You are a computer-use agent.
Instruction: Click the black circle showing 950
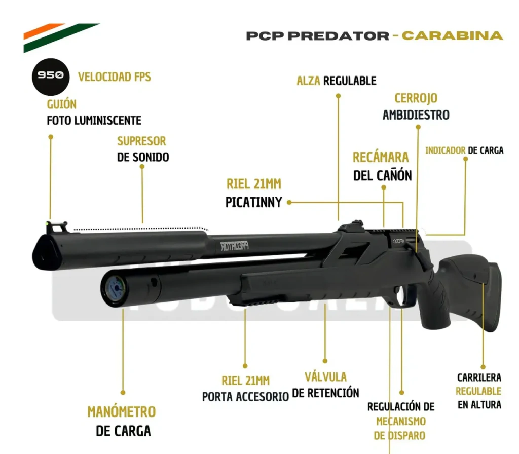pos(50,77)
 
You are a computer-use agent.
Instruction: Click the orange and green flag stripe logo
pos(61,37)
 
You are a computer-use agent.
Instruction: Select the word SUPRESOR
pos(141,141)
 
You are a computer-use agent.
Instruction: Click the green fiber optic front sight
pos(47,224)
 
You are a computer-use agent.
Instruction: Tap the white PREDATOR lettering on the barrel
pos(234,246)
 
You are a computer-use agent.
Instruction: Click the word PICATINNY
pos(253,202)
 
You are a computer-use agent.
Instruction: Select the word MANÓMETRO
pos(122,412)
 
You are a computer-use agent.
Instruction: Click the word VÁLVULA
pos(326,377)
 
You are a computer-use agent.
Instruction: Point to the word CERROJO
pos(416,98)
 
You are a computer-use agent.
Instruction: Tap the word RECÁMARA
pos(381,157)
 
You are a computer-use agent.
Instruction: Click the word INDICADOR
pos(445,150)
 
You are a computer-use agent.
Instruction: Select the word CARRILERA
pos(479,377)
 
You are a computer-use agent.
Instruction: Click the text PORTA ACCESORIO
pos(246,396)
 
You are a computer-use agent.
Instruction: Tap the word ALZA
pos(309,81)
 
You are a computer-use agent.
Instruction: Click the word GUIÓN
pos(61,104)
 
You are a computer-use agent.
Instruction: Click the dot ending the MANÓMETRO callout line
pos(123,393)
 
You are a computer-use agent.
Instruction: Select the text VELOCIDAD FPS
pos(114,77)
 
